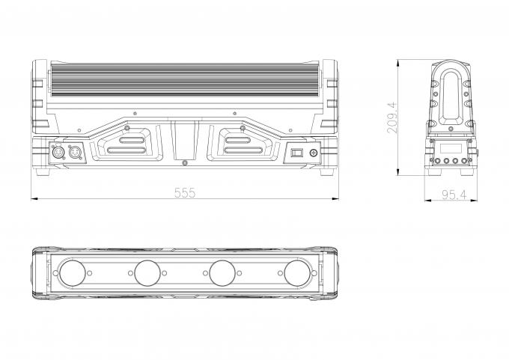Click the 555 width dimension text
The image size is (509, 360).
pyautogui.click(x=185, y=193)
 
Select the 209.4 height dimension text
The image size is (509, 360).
pyautogui.click(x=392, y=118)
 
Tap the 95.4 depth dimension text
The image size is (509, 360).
pyautogui.click(x=454, y=195)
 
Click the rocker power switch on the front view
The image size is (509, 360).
pyautogui.click(x=296, y=153)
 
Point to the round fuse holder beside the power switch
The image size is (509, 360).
pyautogui.click(x=314, y=153)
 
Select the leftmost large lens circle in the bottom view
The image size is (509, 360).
pyautogui.click(x=73, y=273)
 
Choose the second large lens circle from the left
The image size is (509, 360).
pyautogui.click(x=147, y=273)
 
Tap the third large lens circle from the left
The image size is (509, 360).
pyautogui.click(x=222, y=273)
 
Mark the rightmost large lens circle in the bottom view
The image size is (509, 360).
pyautogui.click(x=297, y=273)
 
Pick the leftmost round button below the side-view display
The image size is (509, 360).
pyautogui.click(x=439, y=160)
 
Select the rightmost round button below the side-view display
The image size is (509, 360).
pyautogui.click(x=464, y=160)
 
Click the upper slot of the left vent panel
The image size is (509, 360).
pyautogui.click(x=132, y=140)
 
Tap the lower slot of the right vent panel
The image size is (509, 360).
pyautogui.click(x=243, y=150)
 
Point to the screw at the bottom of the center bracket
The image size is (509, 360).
pyautogui.click(x=185, y=162)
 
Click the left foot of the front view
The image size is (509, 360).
pyautogui.click(x=43, y=171)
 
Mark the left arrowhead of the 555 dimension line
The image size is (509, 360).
pyautogui.click(x=34, y=198)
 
